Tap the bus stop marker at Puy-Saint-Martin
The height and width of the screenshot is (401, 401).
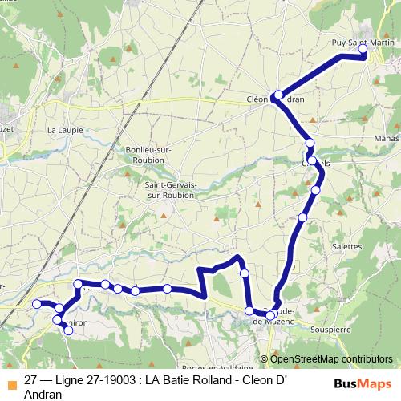[363, 50]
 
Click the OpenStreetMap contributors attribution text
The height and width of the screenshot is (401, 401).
[330, 359]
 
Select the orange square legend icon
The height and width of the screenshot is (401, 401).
[10, 382]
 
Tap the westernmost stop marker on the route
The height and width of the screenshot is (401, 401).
[36, 304]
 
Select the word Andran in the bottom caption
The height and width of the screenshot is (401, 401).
[44, 394]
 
